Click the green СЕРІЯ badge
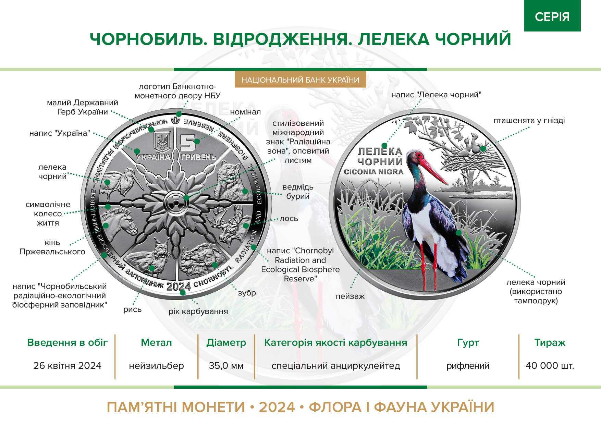click(x=552, y=16)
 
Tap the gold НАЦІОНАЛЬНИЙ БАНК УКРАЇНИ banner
click(x=300, y=80)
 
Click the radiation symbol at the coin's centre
click(x=176, y=203)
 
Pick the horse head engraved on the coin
click(x=118, y=224)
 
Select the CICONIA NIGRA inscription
click(x=373, y=172)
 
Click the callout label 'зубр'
click(x=247, y=293)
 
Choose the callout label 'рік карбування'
click(x=198, y=312)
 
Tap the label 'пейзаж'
click(x=350, y=296)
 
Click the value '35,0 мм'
click(x=226, y=366)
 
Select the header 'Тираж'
click(x=550, y=342)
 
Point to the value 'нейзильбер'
click(x=156, y=366)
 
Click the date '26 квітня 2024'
click(x=67, y=366)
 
